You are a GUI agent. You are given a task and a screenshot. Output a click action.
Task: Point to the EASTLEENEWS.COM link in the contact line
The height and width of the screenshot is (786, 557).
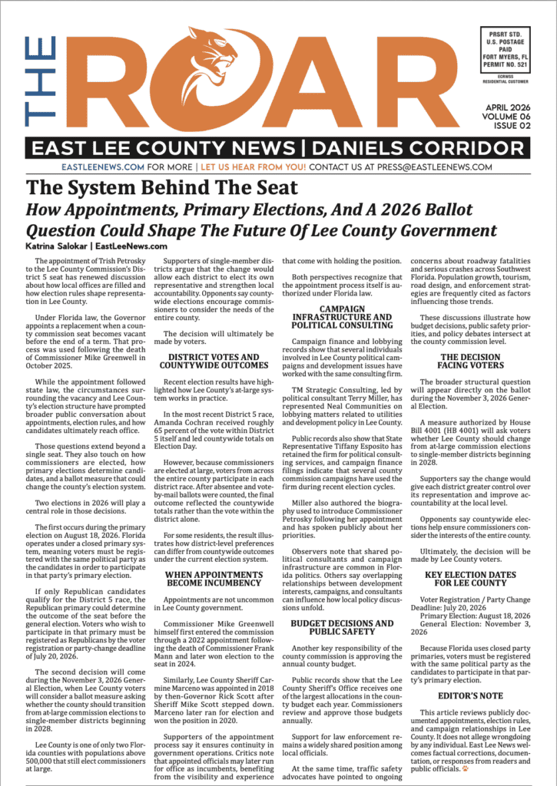pos(102,167)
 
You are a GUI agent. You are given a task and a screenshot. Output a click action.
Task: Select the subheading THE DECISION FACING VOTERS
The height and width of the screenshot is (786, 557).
pos(472,362)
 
